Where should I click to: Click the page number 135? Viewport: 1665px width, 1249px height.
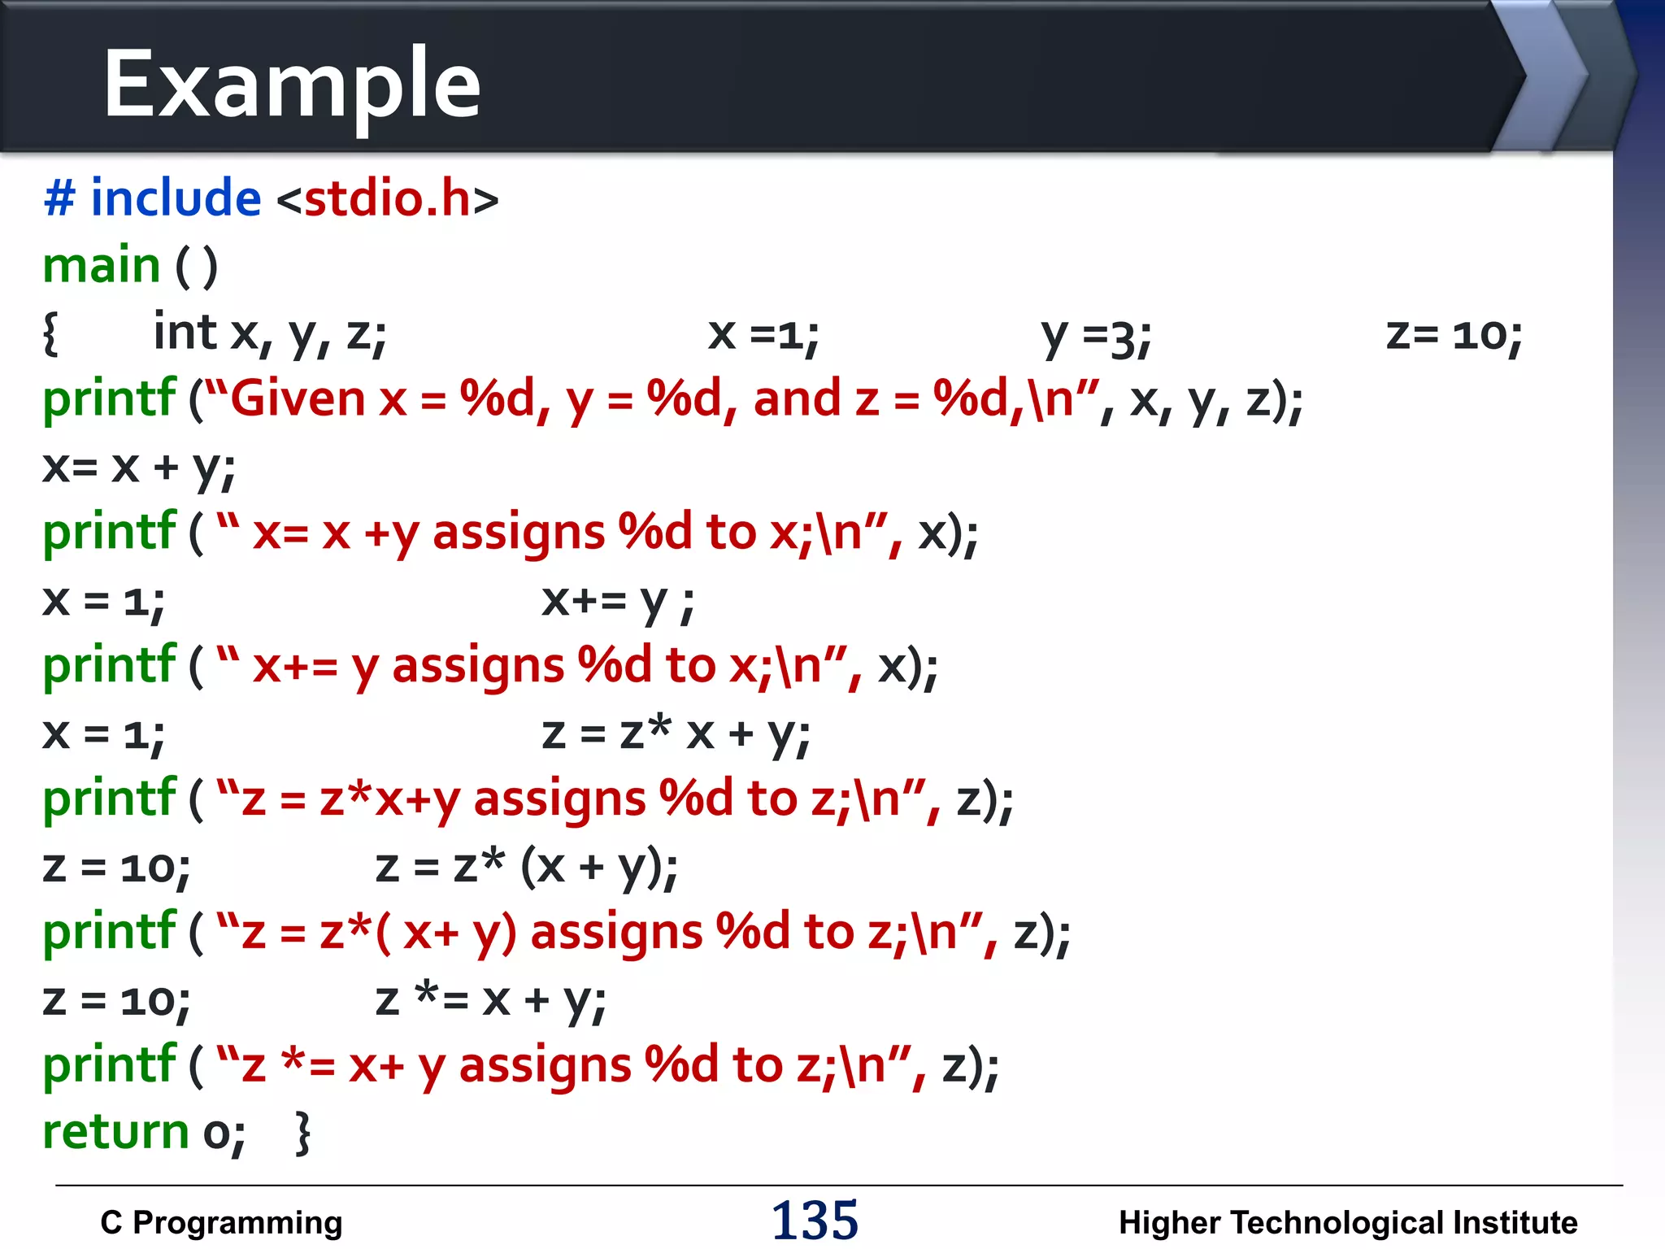815,1220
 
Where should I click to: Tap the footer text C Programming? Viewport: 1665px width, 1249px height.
221,1222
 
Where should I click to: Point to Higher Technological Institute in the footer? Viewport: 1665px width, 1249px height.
1347,1222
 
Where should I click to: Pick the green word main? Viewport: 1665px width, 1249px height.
102,266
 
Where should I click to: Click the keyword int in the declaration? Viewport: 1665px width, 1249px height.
185,333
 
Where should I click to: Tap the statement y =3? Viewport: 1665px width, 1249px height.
1096,335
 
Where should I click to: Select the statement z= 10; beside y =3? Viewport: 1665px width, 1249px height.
1454,335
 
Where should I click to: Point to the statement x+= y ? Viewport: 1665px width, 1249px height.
617,603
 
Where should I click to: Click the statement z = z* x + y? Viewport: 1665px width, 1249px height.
676,734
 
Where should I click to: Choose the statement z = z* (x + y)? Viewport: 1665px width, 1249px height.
526,868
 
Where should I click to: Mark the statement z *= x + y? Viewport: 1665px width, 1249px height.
490,1000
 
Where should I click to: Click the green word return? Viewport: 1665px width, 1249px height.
115,1132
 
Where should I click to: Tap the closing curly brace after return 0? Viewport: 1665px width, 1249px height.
302,1133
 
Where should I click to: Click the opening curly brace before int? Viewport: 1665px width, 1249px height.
50,333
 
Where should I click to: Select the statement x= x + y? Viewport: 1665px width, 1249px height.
139,468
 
